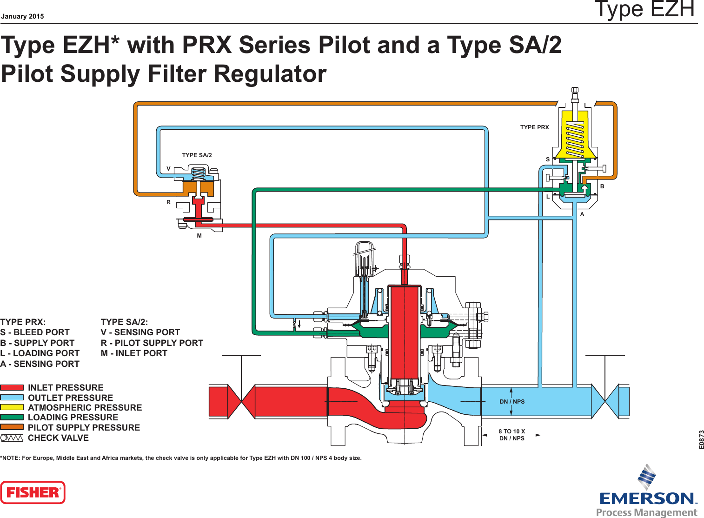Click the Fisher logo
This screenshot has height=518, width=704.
[x=33, y=492]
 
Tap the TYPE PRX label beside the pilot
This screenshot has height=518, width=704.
[x=534, y=127]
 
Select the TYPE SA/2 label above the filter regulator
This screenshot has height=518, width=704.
[x=197, y=155]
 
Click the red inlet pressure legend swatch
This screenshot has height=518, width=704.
[x=12, y=387]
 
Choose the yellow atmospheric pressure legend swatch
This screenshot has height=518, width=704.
[x=12, y=407]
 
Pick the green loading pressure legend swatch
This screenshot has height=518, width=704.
[x=12, y=418]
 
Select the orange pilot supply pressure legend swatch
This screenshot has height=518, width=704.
[x=12, y=427]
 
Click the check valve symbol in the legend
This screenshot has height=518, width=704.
[x=12, y=438]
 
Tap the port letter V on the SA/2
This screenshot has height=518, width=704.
[x=169, y=169]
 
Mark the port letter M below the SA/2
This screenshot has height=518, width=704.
[x=199, y=236]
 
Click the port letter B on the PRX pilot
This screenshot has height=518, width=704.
[x=602, y=186]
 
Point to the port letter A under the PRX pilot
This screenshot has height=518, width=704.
[x=582, y=214]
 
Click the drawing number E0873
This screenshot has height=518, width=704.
[x=701, y=439]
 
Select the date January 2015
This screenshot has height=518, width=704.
[x=22, y=16]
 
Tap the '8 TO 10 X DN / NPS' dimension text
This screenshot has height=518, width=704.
[x=511, y=435]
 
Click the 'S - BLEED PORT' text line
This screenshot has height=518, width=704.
[x=35, y=332]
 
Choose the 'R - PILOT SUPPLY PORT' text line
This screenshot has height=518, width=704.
[x=152, y=343]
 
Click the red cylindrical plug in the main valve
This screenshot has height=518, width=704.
[x=405, y=332]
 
